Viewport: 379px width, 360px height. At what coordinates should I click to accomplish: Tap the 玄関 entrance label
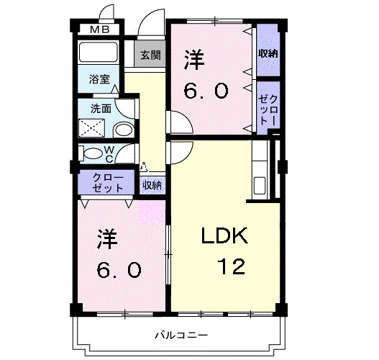[x=150, y=55]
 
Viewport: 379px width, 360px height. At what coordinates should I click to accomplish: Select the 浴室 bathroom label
[x=101, y=80]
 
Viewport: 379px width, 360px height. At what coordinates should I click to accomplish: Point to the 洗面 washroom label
[x=100, y=109]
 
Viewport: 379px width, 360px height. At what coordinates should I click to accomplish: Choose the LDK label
[x=224, y=236]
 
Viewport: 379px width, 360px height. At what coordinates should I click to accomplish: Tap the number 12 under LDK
[x=232, y=268]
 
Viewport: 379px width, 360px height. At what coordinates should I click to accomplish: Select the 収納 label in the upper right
[x=268, y=54]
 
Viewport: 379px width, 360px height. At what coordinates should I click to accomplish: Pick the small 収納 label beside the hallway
[x=152, y=185]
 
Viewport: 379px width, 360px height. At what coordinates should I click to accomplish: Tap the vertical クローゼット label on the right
[x=268, y=108]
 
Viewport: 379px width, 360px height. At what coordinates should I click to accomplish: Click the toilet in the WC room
[x=93, y=153]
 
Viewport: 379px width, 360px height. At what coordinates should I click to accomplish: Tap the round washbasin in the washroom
[x=124, y=130]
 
